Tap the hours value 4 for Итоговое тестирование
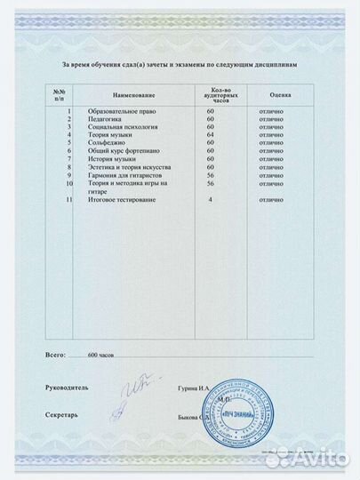click(211, 200)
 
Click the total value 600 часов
click(102, 355)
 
